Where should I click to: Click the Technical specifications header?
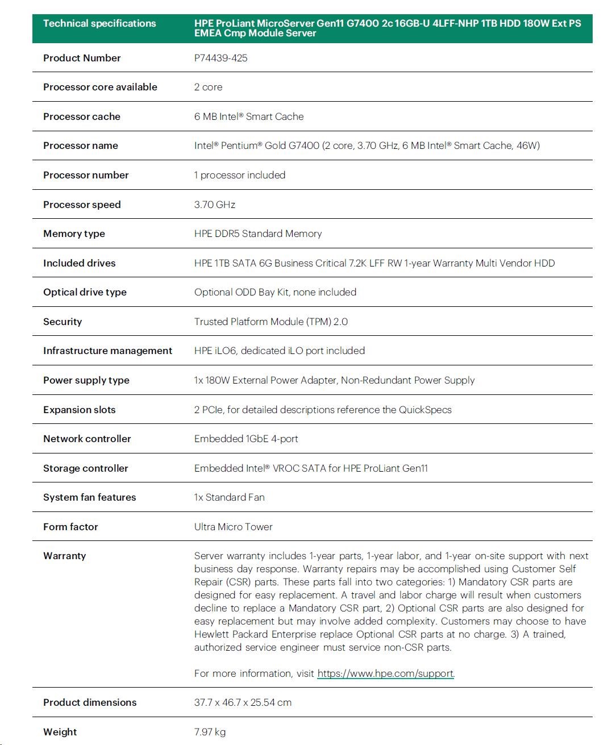point(99,23)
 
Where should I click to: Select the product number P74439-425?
point(220,58)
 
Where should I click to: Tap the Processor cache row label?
point(82,116)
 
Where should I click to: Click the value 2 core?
point(208,87)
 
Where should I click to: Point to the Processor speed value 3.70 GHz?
point(214,205)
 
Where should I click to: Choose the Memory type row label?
point(74,234)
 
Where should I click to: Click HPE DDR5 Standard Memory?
point(257,234)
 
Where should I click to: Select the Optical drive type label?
point(85,292)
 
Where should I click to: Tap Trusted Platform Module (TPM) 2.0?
point(270,322)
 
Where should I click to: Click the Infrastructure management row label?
point(107,351)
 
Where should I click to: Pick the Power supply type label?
point(86,380)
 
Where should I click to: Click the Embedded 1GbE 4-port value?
point(245,439)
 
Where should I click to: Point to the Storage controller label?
point(86,468)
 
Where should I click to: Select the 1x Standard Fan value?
point(229,497)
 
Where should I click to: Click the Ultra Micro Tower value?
point(233,527)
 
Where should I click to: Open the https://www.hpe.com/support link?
point(385,673)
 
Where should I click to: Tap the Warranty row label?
point(64,556)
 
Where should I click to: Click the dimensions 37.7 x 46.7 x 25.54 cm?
point(243,702)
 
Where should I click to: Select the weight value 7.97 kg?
point(210,732)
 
